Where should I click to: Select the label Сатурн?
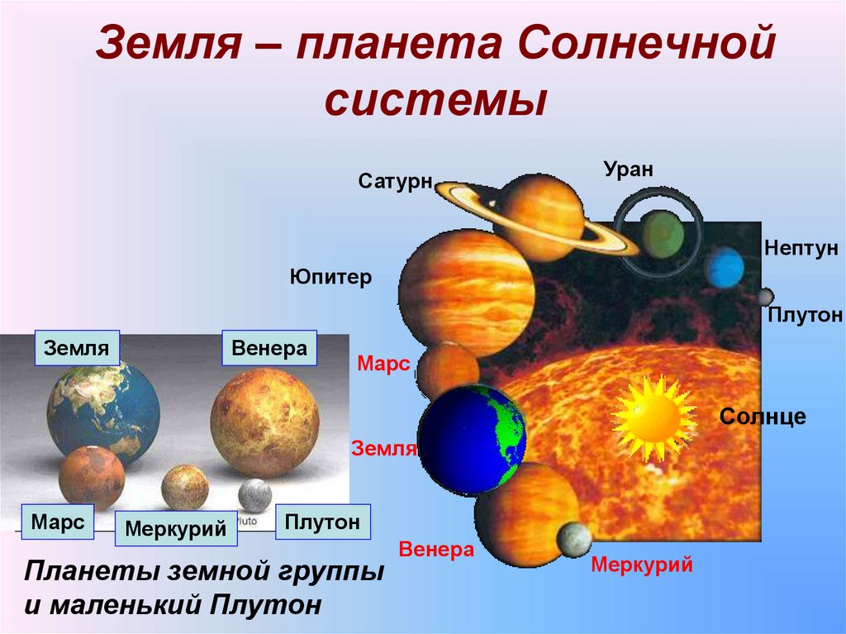(x=396, y=181)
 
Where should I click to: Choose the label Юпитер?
(x=330, y=277)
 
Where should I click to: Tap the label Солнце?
(x=763, y=416)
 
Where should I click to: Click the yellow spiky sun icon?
(x=653, y=417)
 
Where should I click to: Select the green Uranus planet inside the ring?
(x=662, y=234)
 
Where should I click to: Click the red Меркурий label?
(x=642, y=566)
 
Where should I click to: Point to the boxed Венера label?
(x=269, y=348)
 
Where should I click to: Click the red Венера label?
(x=436, y=550)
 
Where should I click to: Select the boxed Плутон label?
(x=322, y=522)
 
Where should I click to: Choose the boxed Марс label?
(x=57, y=522)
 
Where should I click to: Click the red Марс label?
(x=383, y=364)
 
